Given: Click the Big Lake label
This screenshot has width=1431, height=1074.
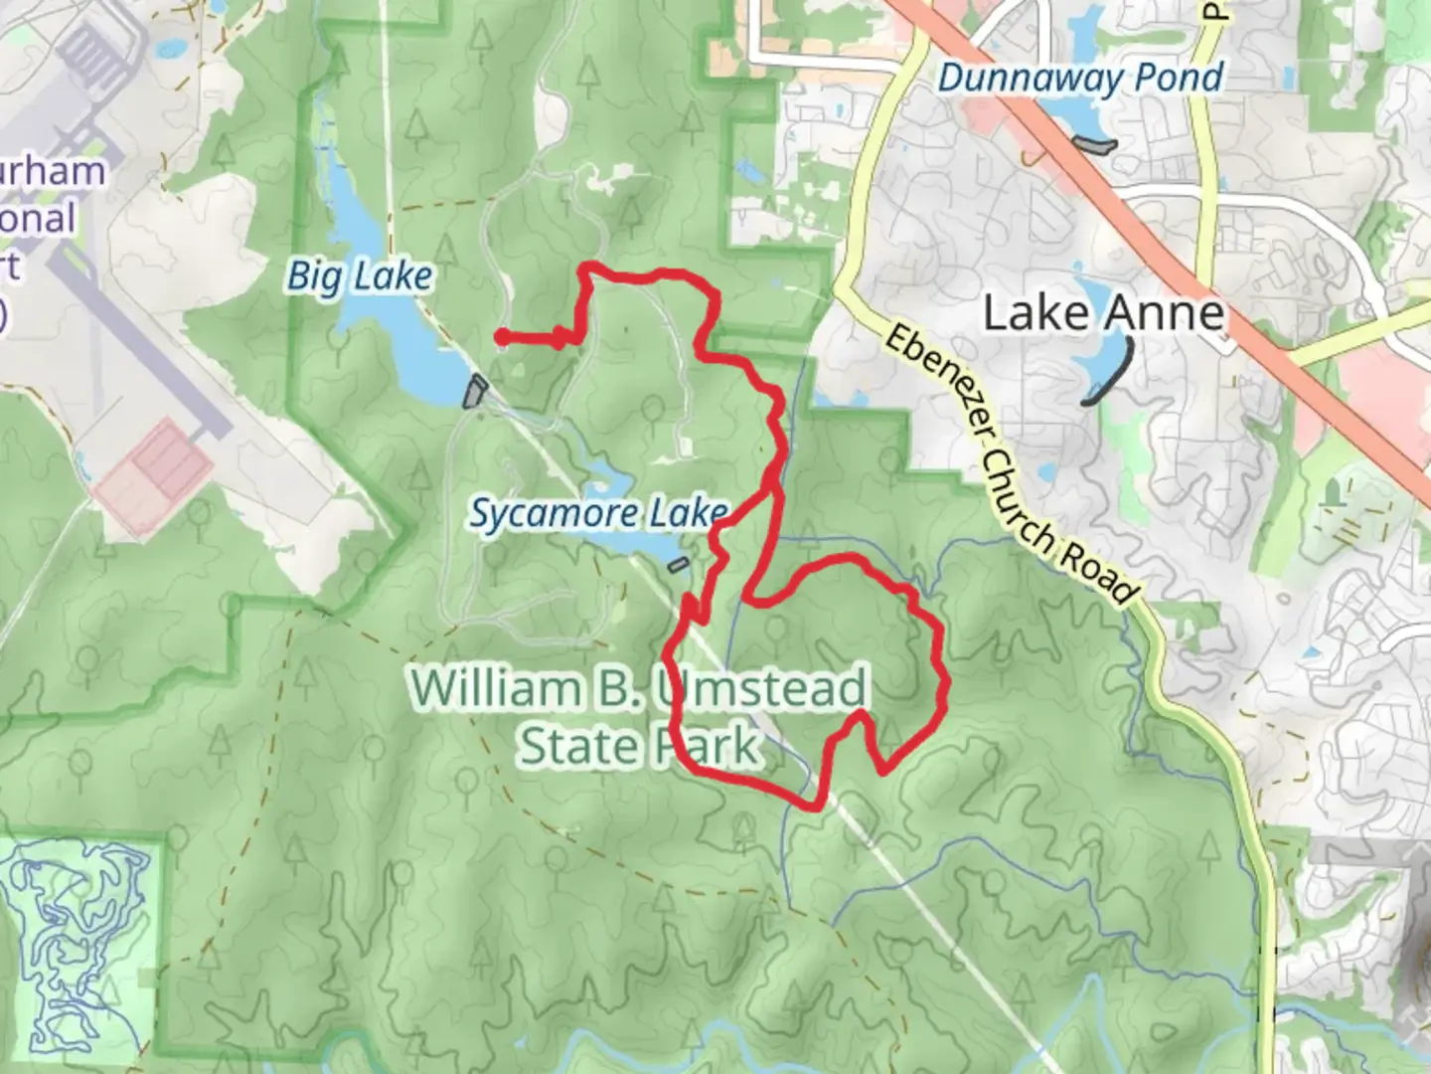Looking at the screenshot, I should click(360, 276).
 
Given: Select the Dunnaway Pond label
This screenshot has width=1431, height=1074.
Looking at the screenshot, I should click(1080, 79).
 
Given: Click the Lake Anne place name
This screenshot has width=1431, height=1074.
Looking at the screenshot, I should click(1103, 313).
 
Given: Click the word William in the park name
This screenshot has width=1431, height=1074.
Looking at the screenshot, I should click(495, 689).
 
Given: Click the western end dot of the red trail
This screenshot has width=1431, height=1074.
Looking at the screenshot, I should click(503, 337).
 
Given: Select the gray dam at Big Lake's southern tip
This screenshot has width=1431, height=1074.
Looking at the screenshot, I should click(476, 391).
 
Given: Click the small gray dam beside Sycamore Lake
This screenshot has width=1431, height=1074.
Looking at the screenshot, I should click(678, 566).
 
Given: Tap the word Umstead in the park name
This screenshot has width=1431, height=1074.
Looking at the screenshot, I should click(760, 689).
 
